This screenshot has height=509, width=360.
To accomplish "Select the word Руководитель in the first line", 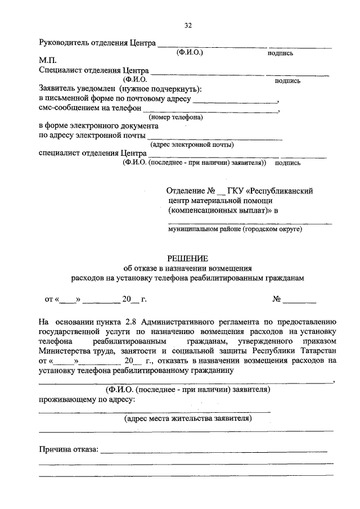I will [64, 42].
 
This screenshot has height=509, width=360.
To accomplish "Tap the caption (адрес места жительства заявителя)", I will [188, 418].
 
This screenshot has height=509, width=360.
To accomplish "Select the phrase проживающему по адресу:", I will [86, 399].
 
